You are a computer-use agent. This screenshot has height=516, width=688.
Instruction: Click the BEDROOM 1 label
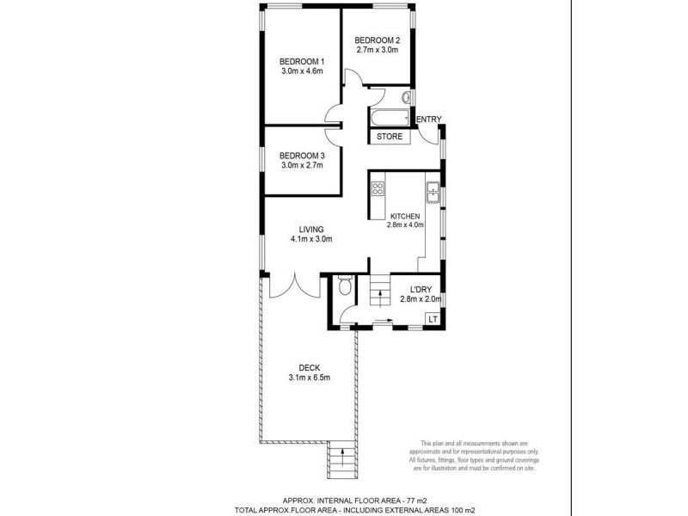301,61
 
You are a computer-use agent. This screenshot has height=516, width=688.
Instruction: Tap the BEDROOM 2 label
378,40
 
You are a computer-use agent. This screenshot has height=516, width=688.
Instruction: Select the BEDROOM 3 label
301,156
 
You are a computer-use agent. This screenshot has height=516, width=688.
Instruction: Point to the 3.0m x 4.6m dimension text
301,71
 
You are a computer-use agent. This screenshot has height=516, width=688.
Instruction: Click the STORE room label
390,136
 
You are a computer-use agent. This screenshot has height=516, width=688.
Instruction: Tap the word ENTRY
427,120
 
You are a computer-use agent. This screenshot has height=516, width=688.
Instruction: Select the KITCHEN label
405,216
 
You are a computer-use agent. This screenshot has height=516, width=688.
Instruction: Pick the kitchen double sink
433,193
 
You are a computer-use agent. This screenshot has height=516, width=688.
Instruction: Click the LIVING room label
310,229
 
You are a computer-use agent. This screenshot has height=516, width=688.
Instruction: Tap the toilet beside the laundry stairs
344,285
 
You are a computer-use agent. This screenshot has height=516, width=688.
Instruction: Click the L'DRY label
421,289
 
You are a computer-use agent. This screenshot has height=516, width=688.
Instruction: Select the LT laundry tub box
433,320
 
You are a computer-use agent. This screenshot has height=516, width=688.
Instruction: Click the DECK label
310,368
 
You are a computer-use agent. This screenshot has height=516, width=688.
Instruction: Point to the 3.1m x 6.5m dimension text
310,378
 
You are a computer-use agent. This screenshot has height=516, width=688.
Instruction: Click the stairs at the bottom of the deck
341,462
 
